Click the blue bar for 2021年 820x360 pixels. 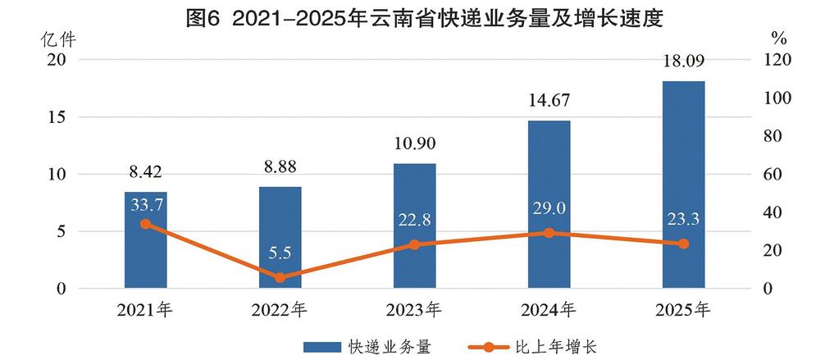tap(145, 254)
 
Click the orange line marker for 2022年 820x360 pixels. tap(280, 277)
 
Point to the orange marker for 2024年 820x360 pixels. tap(549, 233)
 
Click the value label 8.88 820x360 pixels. tap(280, 167)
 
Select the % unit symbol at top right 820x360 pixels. tap(779, 38)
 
